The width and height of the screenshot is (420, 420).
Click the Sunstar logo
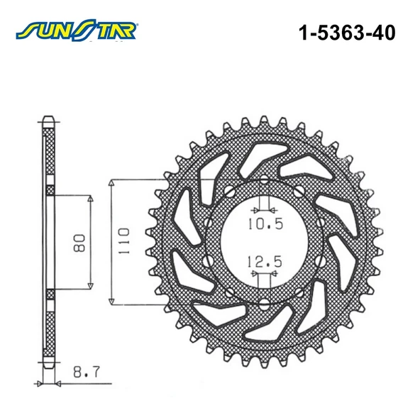pyautogui.click(x=77, y=30)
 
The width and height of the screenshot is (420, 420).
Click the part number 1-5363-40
pyautogui.click(x=347, y=33)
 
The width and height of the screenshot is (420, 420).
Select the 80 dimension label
pyautogui.click(x=79, y=243)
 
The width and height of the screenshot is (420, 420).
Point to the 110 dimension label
pyautogui.click(x=123, y=242)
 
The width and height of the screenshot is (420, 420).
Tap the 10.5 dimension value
pyautogui.click(x=265, y=224)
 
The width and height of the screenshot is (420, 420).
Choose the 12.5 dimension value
pyautogui.click(x=265, y=261)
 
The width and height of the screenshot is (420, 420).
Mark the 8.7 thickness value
pyautogui.click(x=87, y=372)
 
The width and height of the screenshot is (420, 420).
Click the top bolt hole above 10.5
pyautogui.click(x=265, y=179)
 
